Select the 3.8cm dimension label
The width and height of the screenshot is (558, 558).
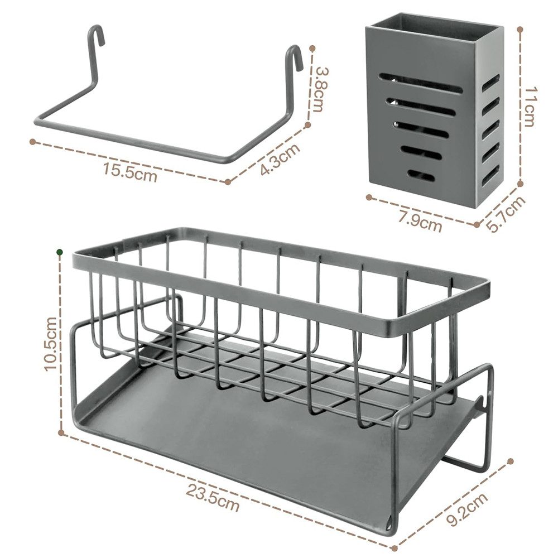coord(319,89)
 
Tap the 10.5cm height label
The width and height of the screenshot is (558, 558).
coord(50,344)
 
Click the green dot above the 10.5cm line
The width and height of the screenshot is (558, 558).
coord(59,253)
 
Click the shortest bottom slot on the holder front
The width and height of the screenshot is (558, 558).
coord(421,176)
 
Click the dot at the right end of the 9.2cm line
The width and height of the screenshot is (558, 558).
coord(511,461)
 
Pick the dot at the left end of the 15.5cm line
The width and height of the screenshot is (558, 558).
coord(32,141)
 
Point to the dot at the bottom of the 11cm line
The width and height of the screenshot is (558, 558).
coord(519,183)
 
